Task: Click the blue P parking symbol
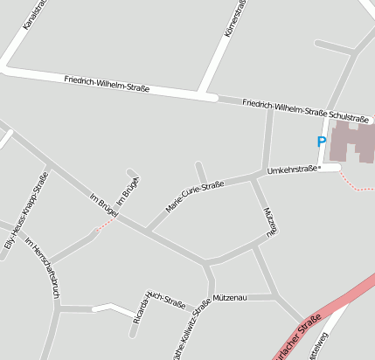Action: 322,141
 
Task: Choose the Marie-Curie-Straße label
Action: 195,197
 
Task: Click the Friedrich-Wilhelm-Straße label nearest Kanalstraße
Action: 107,84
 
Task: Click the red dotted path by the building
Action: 354,184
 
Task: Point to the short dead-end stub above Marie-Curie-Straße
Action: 201,171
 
